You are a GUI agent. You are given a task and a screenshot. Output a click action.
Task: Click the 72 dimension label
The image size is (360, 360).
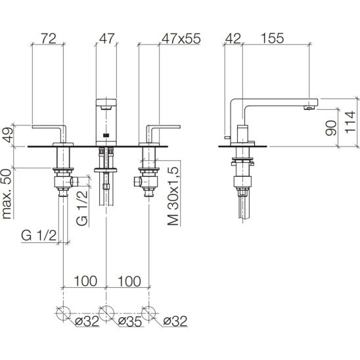click(x=49, y=38)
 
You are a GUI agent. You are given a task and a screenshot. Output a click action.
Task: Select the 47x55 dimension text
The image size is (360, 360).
click(x=181, y=38)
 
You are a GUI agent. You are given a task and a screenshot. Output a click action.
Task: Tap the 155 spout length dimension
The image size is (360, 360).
click(x=273, y=38)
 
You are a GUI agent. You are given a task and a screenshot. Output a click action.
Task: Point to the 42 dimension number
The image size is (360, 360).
click(x=233, y=38)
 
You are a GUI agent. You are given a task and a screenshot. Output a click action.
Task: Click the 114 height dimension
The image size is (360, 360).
click(x=349, y=122)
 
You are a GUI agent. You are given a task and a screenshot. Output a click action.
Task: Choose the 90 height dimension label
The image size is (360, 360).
click(x=331, y=127)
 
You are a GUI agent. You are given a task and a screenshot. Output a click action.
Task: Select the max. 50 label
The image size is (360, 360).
click(x=7, y=194)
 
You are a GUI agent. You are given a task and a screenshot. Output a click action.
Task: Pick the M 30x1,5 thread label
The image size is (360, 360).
click(x=173, y=196)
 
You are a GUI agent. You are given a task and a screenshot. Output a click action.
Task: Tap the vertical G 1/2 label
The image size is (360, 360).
click(x=82, y=208)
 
